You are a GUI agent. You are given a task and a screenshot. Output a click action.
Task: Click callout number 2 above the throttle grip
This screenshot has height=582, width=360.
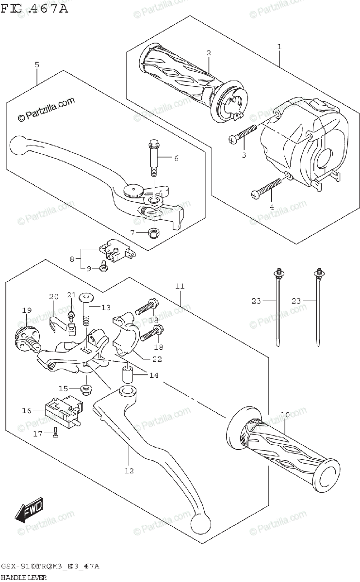pos(208,53)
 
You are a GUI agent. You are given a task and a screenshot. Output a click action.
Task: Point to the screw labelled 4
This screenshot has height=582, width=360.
pos(266,189)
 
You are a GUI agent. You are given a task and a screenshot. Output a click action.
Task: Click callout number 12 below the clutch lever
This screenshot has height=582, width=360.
pos(129,470)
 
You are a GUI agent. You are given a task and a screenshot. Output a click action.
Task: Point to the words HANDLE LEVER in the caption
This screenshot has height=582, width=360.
pos(24,577)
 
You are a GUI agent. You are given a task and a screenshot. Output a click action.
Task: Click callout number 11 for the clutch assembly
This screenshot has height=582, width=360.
pos(180,287)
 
